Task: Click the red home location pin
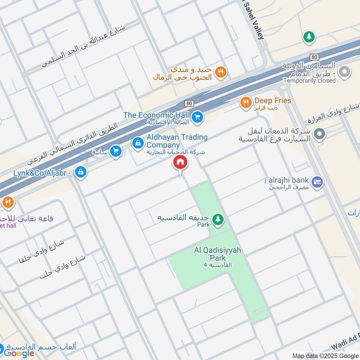coord(180,162)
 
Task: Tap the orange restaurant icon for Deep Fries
coord(245,103)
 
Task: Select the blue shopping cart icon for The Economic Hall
coord(197,118)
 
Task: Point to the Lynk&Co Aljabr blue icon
coord(81,171)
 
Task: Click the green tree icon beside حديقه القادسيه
coord(218,219)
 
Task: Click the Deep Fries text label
coord(273,101)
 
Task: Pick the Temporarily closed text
coord(309,81)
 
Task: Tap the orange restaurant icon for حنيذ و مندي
coord(220,71)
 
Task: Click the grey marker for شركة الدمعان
coord(319,133)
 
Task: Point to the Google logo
coord(19,353)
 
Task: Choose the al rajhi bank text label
coord(287,180)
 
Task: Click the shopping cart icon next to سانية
coord(116,151)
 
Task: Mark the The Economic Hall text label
coord(157,115)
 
